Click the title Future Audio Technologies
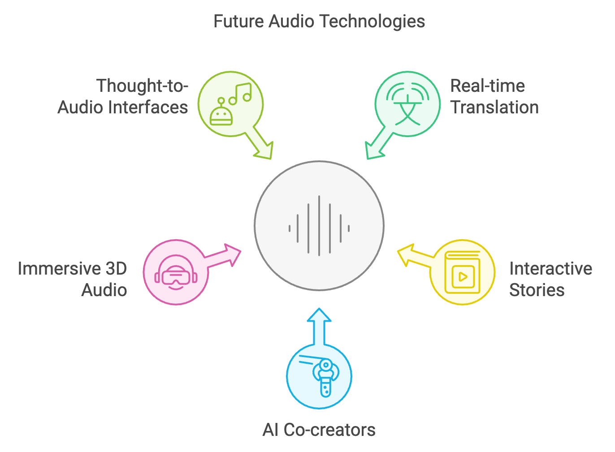[319, 22]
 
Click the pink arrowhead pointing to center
[232, 255]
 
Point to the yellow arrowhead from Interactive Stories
[406, 255]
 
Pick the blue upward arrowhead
[319, 314]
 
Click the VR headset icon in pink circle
[176, 272]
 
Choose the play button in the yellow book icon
[463, 277]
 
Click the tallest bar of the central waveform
[319, 226]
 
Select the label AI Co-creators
[319, 430]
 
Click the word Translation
[494, 107]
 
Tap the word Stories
[537, 290]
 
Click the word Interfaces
[148, 107]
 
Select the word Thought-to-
[142, 86]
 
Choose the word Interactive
[551, 268]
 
